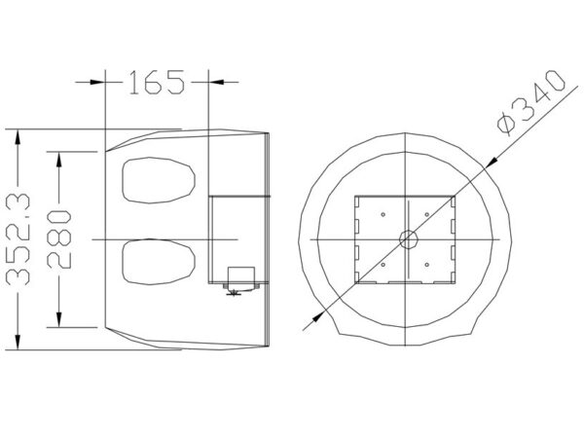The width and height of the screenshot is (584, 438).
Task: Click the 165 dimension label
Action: (157, 82)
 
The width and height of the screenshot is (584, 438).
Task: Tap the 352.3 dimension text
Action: (18, 239)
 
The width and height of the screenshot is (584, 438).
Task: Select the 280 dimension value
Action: (59, 239)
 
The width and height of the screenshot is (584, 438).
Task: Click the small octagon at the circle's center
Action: (408, 239)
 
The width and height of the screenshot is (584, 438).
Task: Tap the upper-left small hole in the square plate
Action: (383, 214)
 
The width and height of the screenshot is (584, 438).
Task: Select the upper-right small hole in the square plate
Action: (427, 214)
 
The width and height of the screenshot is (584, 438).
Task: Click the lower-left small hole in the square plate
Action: (383, 265)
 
